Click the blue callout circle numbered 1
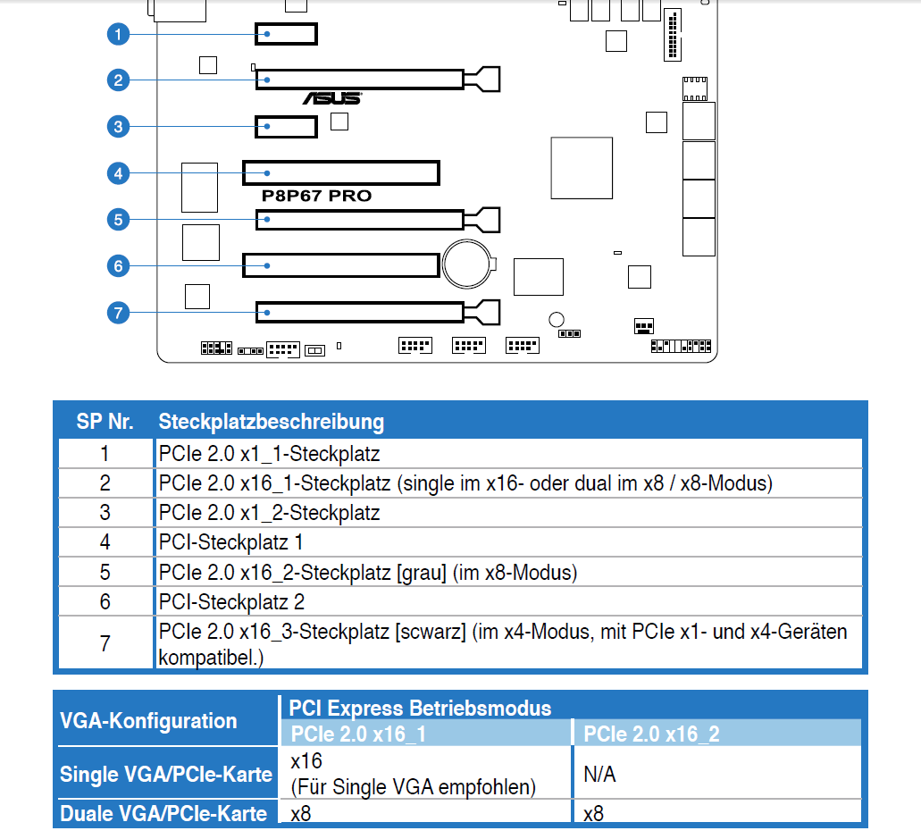(118, 35)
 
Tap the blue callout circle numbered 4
(118, 172)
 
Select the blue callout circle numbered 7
(118, 312)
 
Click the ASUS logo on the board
(331, 98)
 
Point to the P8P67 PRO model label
(316, 196)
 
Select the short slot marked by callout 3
(286, 127)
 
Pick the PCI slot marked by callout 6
(340, 265)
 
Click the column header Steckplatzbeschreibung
(271, 422)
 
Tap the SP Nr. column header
(105, 422)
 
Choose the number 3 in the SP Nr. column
(105, 513)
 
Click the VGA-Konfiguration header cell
(148, 720)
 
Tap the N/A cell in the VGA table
(599, 774)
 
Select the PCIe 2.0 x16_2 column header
(651, 734)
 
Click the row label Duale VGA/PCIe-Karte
(163, 814)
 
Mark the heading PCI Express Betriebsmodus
(420, 709)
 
